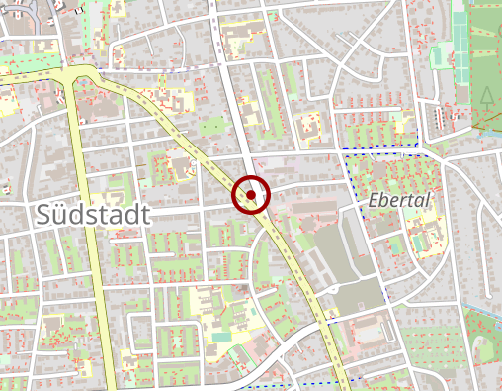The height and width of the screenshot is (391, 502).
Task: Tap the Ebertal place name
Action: (x=399, y=200)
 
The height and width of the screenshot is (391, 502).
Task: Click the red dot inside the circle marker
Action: (x=251, y=195)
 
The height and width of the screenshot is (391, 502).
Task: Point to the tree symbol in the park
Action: (x=486, y=96)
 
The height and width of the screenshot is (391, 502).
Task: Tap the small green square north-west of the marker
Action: (x=210, y=127)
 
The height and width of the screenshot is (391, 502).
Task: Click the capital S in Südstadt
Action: (x=43, y=214)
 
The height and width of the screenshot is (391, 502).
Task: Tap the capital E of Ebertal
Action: (x=373, y=200)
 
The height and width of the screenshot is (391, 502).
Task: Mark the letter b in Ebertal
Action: (x=383, y=200)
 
